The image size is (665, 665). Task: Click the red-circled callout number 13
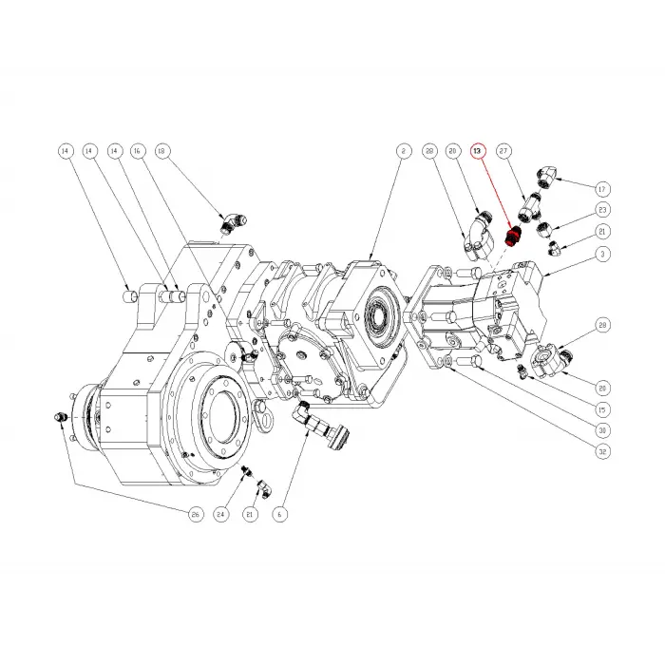[478, 151]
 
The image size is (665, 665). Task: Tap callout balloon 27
[504, 151]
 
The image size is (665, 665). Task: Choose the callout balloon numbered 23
[601, 210]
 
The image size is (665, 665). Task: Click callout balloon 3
[601, 254]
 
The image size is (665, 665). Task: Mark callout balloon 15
[601, 409]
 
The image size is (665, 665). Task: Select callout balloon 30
[601, 430]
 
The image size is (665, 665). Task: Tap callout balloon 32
[601, 452]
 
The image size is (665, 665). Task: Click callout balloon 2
[403, 151]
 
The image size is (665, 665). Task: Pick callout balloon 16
[137, 151]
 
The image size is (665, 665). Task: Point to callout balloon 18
[161, 151]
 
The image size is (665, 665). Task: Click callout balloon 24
[221, 514]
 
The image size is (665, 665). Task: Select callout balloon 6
[280, 514]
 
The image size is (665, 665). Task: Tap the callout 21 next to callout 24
[250, 514]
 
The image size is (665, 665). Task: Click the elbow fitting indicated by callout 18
[231, 222]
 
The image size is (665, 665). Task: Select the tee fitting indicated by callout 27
[530, 202]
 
